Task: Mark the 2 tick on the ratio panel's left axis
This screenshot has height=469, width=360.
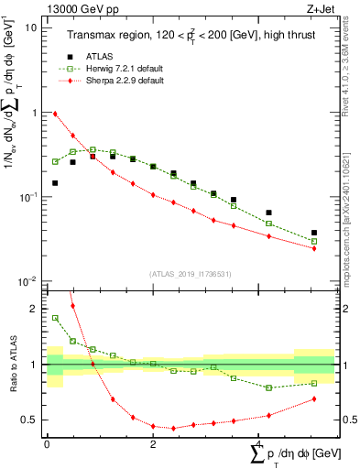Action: tap(36, 309)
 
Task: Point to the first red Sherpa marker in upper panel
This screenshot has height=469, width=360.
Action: tap(56, 114)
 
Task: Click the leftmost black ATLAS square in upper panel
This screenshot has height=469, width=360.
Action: tap(56, 183)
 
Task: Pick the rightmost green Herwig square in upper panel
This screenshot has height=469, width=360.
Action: tap(314, 242)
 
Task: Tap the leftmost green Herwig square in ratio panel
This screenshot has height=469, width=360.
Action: tap(56, 318)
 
